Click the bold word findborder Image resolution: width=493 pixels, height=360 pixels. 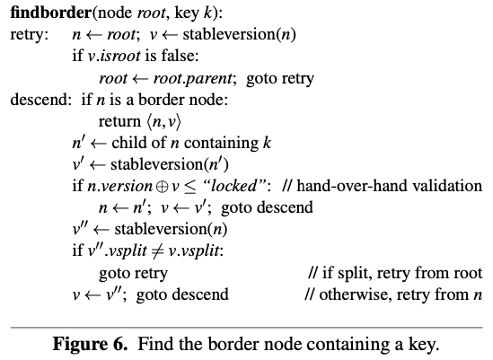[50, 13]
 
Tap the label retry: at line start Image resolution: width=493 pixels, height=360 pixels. [30, 34]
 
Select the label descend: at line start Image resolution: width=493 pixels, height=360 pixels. [41, 100]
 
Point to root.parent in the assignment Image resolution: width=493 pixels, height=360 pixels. [193, 79]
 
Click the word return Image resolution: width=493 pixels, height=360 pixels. [119, 121]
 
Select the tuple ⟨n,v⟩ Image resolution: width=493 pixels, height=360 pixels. [163, 122]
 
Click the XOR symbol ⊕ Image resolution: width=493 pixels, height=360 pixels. [162, 187]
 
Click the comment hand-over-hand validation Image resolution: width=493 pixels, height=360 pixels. [383, 186]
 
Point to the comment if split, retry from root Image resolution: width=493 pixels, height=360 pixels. [395, 273]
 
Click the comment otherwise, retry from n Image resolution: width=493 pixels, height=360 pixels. [393, 294]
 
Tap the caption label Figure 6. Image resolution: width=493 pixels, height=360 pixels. [90, 343]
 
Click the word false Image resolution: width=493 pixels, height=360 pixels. [180, 56]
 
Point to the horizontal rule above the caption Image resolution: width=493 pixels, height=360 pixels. [246, 328]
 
